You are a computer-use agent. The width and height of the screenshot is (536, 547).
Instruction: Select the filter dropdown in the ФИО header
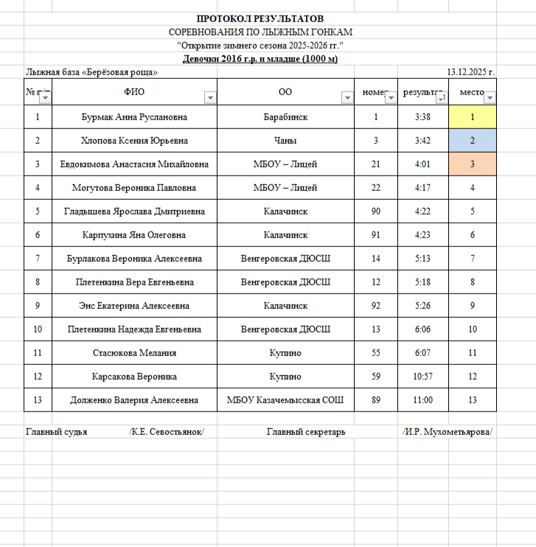click(x=210, y=98)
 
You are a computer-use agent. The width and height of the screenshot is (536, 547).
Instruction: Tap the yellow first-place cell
click(x=472, y=117)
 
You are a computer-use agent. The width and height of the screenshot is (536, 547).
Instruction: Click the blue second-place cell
click(x=472, y=141)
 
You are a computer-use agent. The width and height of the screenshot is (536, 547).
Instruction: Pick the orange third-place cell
click(x=472, y=164)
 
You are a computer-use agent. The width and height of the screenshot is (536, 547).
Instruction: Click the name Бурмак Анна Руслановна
click(x=134, y=117)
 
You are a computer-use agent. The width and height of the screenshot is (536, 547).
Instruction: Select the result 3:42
click(x=422, y=141)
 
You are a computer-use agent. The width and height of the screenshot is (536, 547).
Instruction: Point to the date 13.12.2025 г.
click(x=470, y=72)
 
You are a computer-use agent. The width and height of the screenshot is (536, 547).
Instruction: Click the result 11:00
click(x=422, y=400)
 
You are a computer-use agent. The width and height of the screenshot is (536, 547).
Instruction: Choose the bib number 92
click(x=376, y=306)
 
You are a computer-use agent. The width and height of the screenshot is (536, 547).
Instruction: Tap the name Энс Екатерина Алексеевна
click(x=134, y=306)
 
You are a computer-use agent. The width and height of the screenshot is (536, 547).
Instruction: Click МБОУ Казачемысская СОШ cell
click(x=285, y=400)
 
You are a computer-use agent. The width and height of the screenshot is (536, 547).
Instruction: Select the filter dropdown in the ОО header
click(x=347, y=98)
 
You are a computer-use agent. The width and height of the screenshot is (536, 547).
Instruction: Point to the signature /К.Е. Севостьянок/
click(x=167, y=432)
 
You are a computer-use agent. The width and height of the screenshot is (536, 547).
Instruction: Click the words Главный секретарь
click(x=306, y=432)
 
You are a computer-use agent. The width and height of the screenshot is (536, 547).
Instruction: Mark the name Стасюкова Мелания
click(x=134, y=353)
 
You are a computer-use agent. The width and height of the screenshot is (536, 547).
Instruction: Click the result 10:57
click(x=422, y=377)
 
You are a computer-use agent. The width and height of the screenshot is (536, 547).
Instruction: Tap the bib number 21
click(x=376, y=164)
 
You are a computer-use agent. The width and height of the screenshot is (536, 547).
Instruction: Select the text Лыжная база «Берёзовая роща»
click(x=91, y=72)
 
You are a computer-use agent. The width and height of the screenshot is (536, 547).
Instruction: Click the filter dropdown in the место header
click(x=490, y=98)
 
